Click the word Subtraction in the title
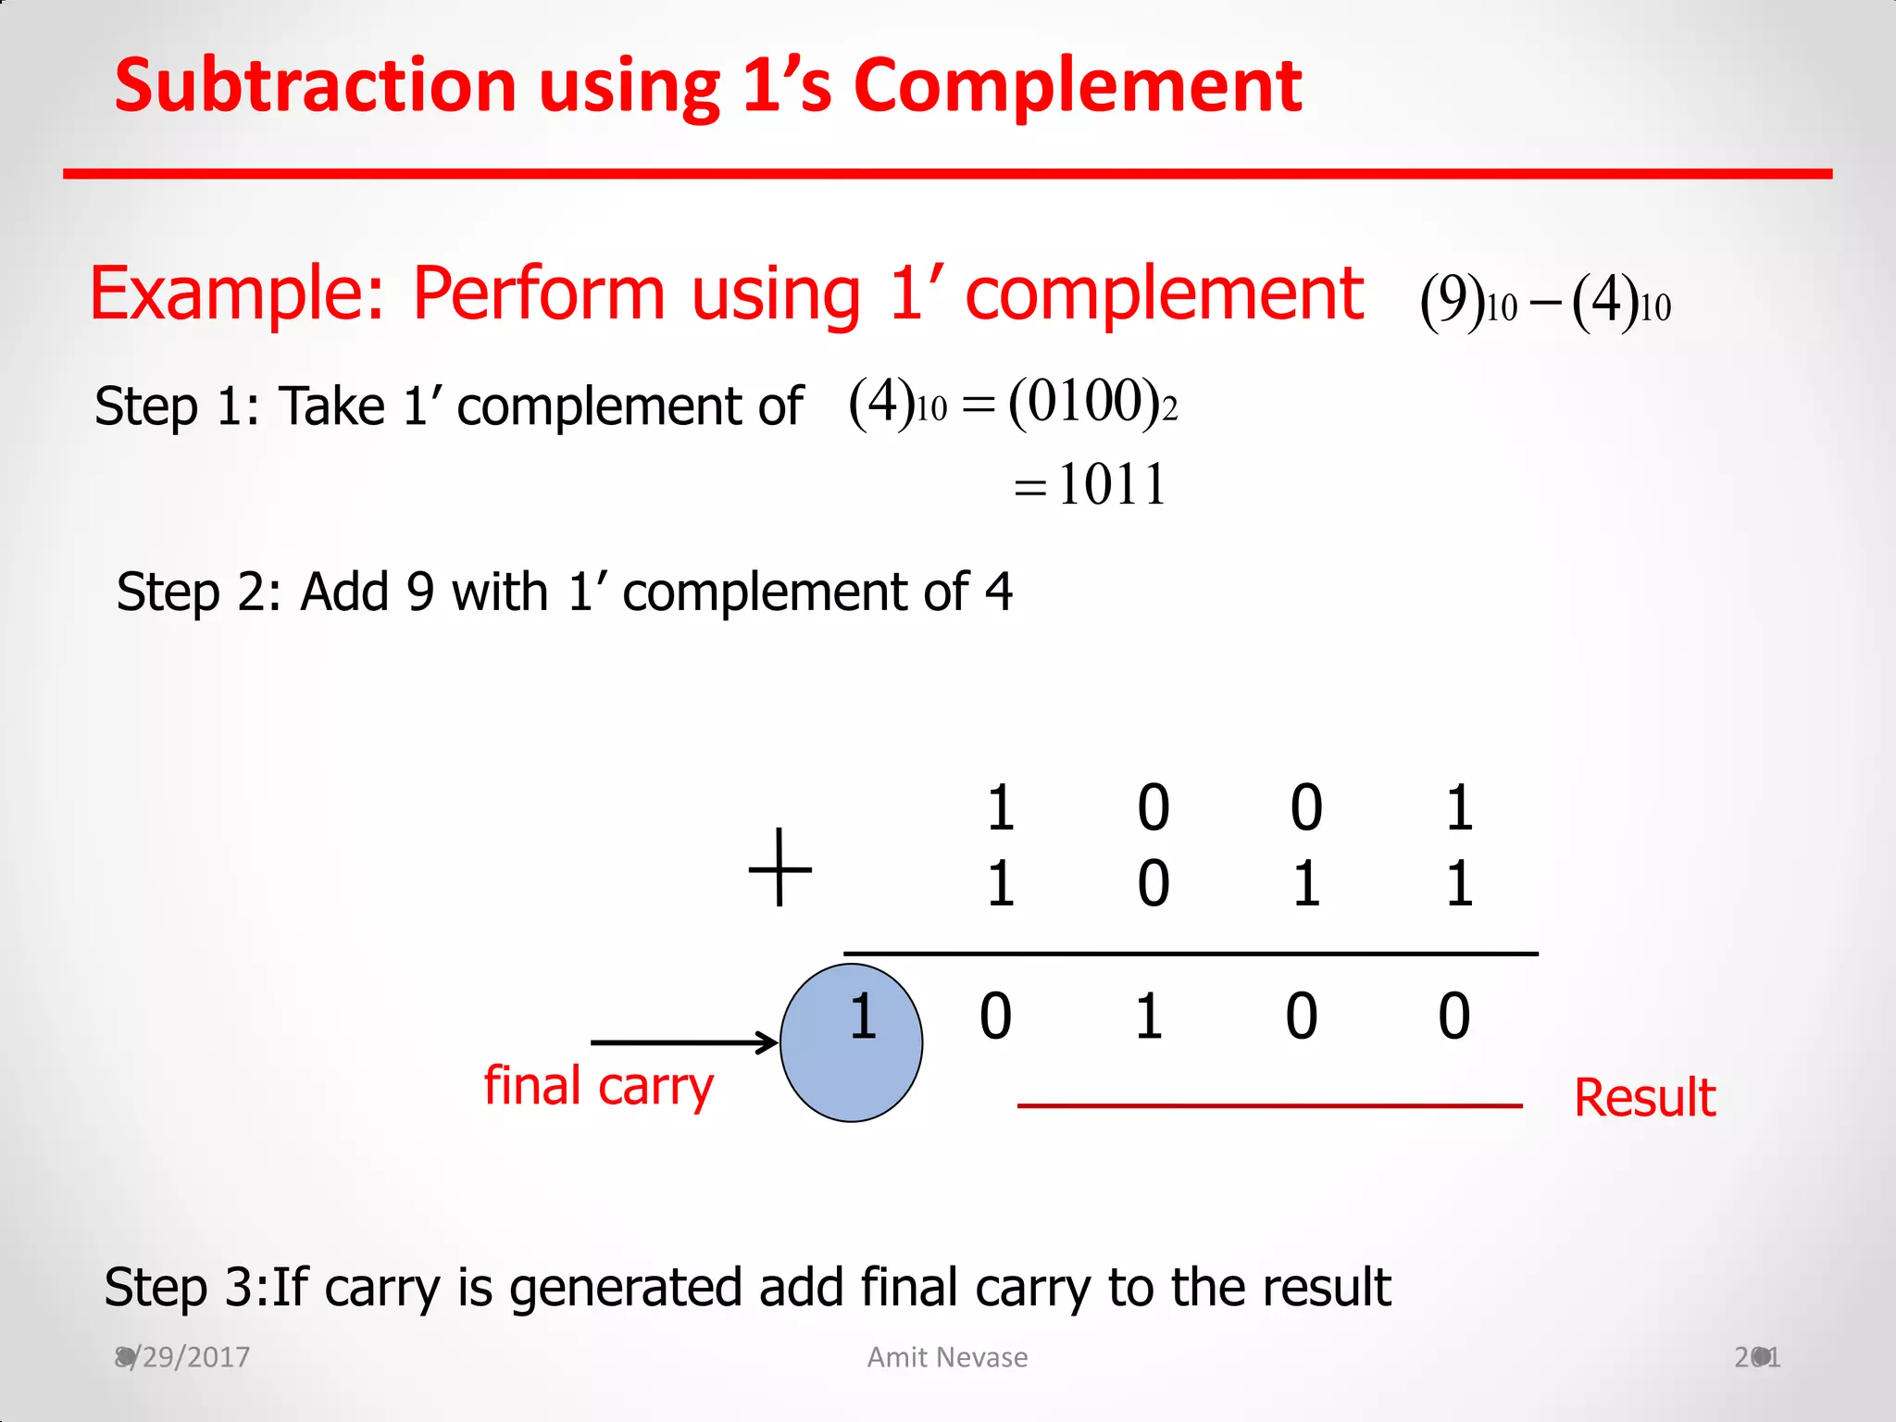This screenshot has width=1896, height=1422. (315, 86)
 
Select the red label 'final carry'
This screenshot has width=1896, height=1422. (598, 1087)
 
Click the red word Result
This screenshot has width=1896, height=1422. (1644, 1098)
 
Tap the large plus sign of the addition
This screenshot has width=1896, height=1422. (780, 867)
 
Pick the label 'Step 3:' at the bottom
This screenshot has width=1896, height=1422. (186, 1287)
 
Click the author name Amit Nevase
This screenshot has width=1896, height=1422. (947, 1357)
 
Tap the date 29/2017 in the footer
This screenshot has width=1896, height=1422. (190, 1357)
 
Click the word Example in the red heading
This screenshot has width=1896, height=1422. (236, 293)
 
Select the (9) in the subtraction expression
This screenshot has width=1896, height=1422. (1452, 301)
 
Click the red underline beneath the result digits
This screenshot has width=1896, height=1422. (1269, 1105)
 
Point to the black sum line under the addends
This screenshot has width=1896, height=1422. (1191, 953)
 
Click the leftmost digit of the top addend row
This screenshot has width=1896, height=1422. (1000, 807)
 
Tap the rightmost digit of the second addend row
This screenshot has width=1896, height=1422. (1459, 883)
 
